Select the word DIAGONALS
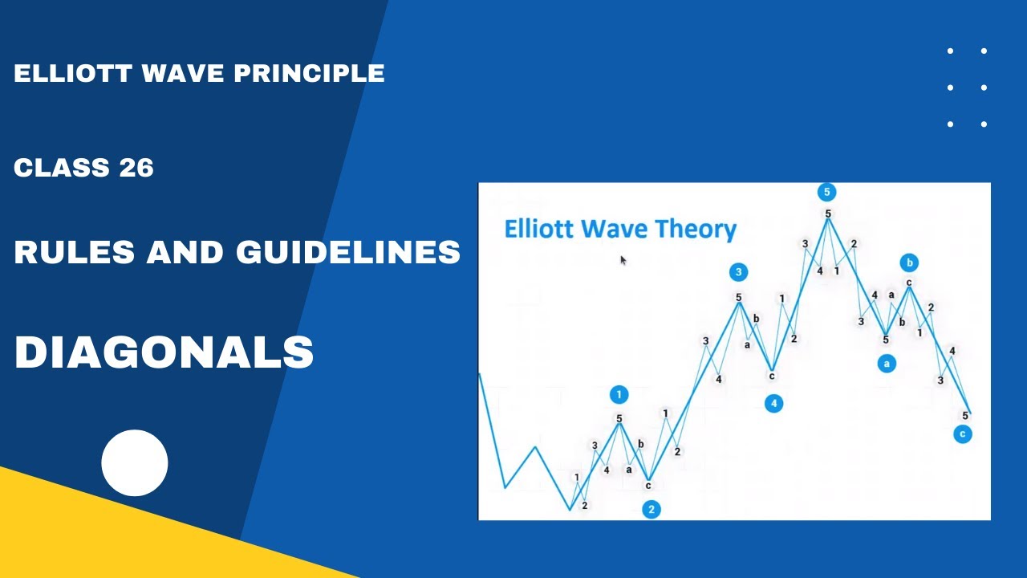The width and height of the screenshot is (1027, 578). [164, 352]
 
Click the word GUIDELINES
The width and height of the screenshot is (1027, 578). [348, 253]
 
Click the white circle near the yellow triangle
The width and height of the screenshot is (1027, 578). [135, 463]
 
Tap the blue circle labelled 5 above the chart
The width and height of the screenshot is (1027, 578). [826, 192]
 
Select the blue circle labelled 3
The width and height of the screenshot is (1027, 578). [739, 272]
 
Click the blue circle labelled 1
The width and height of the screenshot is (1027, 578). [619, 394]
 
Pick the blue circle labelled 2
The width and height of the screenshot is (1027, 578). [652, 509]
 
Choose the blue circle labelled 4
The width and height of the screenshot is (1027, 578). [773, 403]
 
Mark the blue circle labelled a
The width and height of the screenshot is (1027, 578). [887, 364]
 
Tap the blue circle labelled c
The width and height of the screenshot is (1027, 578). [963, 434]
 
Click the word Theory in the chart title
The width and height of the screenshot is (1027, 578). [696, 230]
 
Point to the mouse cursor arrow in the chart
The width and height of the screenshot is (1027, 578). [623, 259]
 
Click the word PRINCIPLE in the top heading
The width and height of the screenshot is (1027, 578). [309, 74]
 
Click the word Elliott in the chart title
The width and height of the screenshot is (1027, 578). [541, 230]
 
